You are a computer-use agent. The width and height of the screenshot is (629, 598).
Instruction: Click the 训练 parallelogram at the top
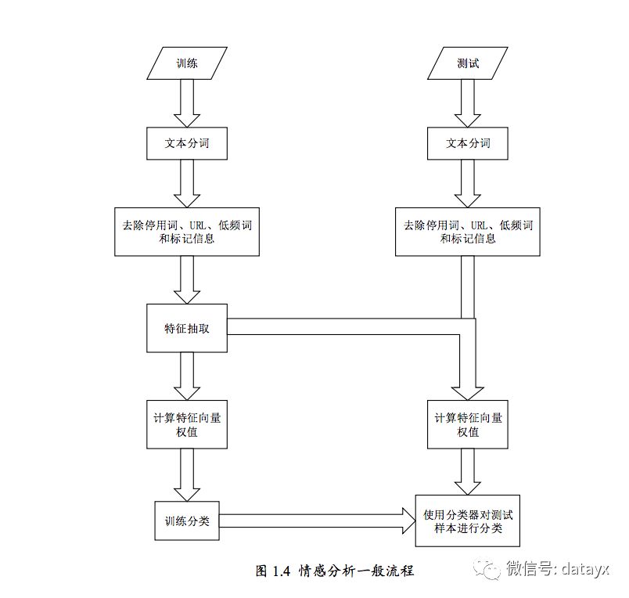tap(187, 63)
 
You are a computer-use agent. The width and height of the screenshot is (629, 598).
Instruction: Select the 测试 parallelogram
tap(468, 63)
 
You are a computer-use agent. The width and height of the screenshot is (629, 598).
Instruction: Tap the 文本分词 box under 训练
tap(187, 143)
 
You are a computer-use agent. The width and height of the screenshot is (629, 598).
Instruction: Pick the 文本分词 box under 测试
tap(468, 143)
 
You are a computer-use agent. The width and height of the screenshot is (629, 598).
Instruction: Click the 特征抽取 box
tap(187, 328)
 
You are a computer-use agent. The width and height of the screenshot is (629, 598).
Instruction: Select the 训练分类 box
tap(187, 521)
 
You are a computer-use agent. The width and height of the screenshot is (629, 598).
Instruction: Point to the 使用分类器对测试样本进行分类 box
tap(468, 521)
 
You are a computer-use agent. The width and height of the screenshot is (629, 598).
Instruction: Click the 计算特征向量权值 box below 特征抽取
tap(187, 424)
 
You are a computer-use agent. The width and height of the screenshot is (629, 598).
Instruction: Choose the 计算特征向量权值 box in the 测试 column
tap(468, 424)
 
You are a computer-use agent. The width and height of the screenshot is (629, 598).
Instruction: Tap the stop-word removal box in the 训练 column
tap(187, 232)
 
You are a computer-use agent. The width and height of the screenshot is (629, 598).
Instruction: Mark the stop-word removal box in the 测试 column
tap(468, 232)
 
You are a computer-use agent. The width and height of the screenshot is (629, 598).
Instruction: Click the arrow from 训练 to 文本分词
tap(187, 103)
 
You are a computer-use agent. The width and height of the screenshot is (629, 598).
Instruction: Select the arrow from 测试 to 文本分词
tap(468, 103)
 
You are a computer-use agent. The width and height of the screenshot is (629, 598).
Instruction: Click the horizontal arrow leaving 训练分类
tap(318, 521)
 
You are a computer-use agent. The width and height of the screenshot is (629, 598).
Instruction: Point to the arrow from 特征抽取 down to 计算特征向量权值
tap(187, 376)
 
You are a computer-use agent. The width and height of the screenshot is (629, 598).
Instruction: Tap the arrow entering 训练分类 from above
tap(187, 475)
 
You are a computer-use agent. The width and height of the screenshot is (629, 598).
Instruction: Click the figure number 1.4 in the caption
tap(281, 571)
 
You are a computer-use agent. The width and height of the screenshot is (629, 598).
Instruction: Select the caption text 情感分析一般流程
tap(356, 571)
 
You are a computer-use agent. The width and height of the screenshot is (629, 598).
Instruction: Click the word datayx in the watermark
tap(585, 569)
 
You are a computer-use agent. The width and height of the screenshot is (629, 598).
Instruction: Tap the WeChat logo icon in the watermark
tap(487, 569)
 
